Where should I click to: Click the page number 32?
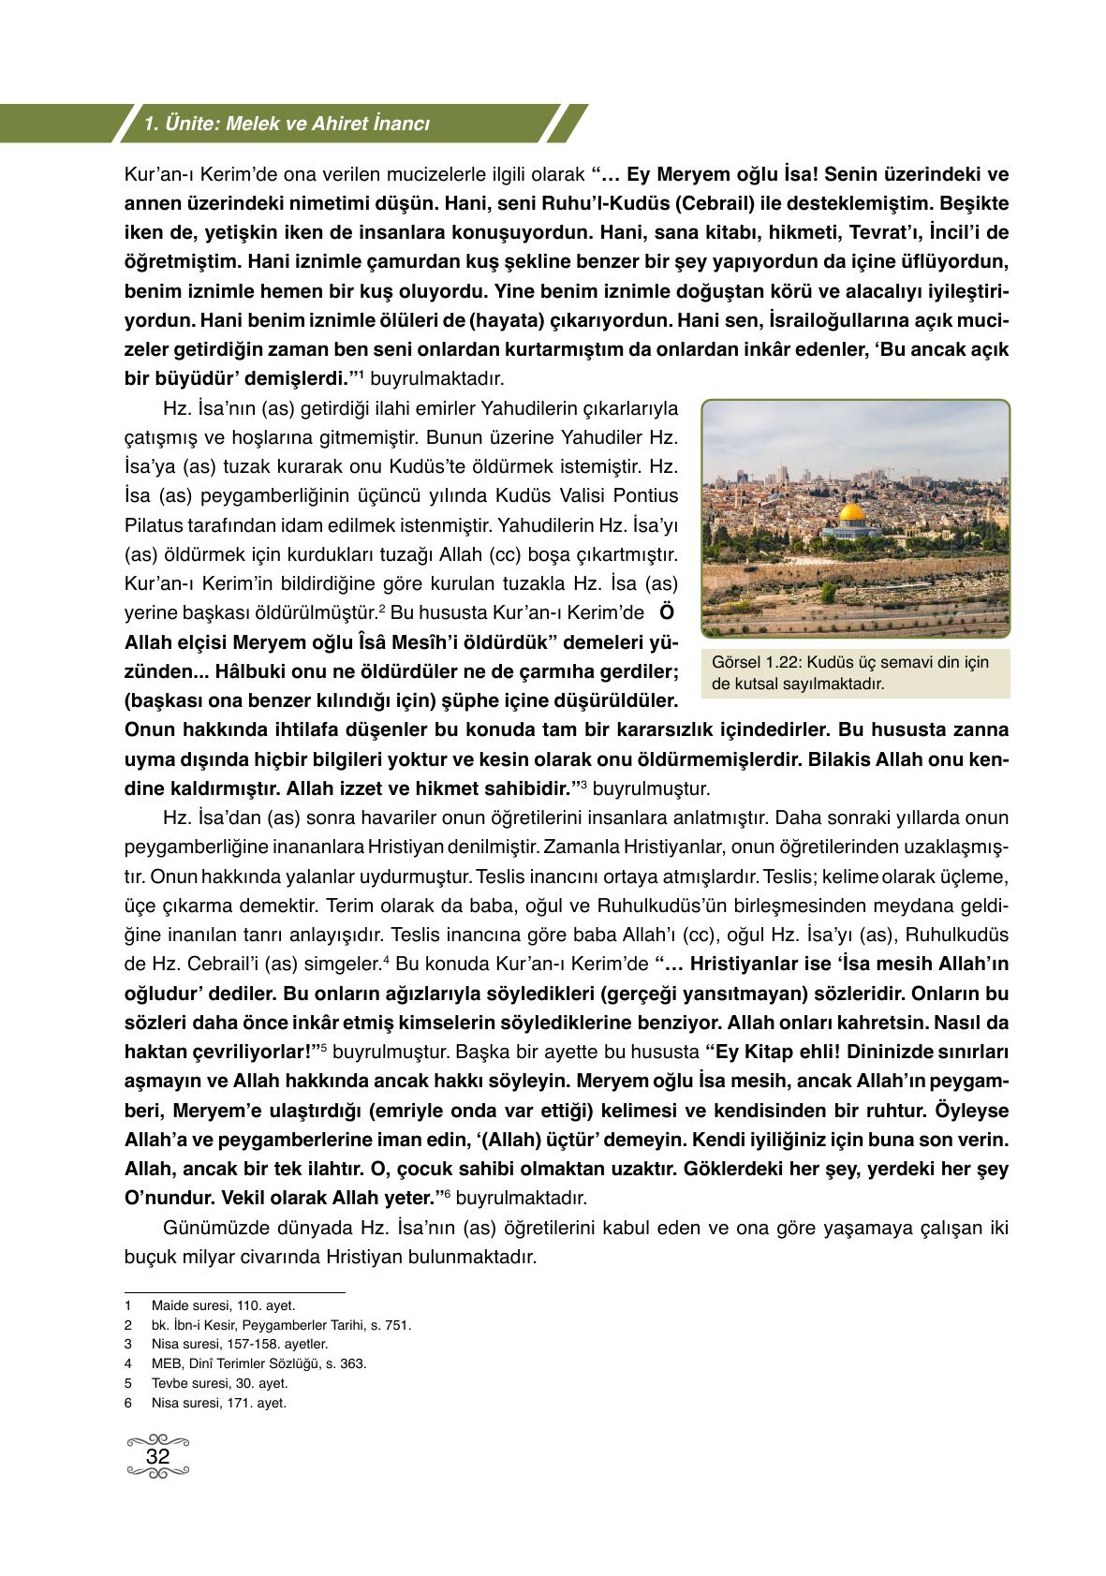click(x=157, y=1456)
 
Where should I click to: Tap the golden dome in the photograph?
click(x=851, y=514)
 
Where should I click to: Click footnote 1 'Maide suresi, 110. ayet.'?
click(x=223, y=1305)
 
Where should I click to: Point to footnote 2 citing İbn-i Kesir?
click(x=281, y=1325)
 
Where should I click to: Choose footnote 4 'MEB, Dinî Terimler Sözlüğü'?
click(x=258, y=1363)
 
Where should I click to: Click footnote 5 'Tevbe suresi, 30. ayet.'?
click(x=219, y=1383)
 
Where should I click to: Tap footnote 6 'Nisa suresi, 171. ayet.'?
click(x=218, y=1403)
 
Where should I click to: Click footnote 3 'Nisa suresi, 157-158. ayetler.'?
click(x=239, y=1345)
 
